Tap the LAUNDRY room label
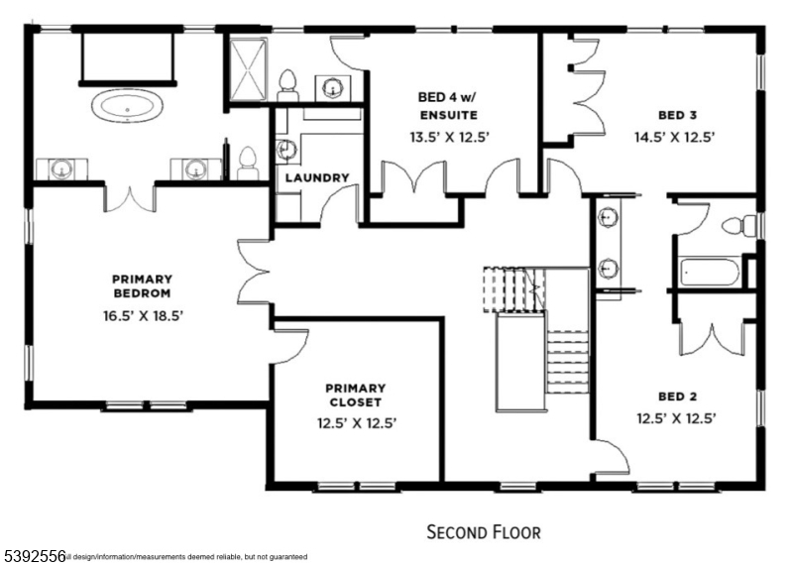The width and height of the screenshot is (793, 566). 317,178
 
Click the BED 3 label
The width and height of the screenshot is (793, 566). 676,114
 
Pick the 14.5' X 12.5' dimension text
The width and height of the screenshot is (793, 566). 676,138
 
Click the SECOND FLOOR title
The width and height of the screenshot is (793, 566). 484,532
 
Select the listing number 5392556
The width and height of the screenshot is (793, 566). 33,556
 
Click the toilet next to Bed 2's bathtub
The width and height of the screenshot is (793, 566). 736,226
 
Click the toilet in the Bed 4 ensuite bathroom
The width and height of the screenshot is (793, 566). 288,83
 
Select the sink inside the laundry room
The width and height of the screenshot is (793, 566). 287,150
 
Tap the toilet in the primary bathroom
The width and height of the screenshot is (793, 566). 249,162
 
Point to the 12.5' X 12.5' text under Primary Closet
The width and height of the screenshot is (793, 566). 357,423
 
